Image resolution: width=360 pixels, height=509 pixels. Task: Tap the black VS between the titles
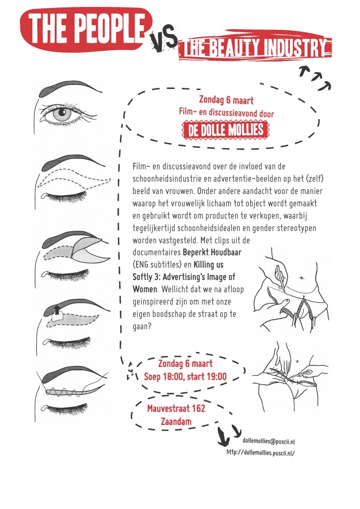(x=164, y=40)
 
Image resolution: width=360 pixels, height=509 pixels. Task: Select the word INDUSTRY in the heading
(x=294, y=48)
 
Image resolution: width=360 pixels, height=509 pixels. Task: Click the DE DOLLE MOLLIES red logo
(x=226, y=130)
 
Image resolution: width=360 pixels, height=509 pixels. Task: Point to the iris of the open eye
(x=62, y=114)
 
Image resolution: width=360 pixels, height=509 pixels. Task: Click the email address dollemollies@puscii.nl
(x=269, y=441)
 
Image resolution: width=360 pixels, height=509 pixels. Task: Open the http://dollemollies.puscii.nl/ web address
(x=261, y=452)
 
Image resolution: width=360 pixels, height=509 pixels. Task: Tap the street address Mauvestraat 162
(x=176, y=408)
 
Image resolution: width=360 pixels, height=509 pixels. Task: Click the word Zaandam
(x=176, y=422)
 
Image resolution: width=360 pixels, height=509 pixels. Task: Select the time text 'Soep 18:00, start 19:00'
(x=185, y=377)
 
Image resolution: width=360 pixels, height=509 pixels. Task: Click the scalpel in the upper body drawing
(x=280, y=278)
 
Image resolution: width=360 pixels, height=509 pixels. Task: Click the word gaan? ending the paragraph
(x=142, y=326)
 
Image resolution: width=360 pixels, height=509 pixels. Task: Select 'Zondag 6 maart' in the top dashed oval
(x=226, y=100)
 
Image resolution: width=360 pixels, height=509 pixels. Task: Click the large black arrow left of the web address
(x=223, y=436)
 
